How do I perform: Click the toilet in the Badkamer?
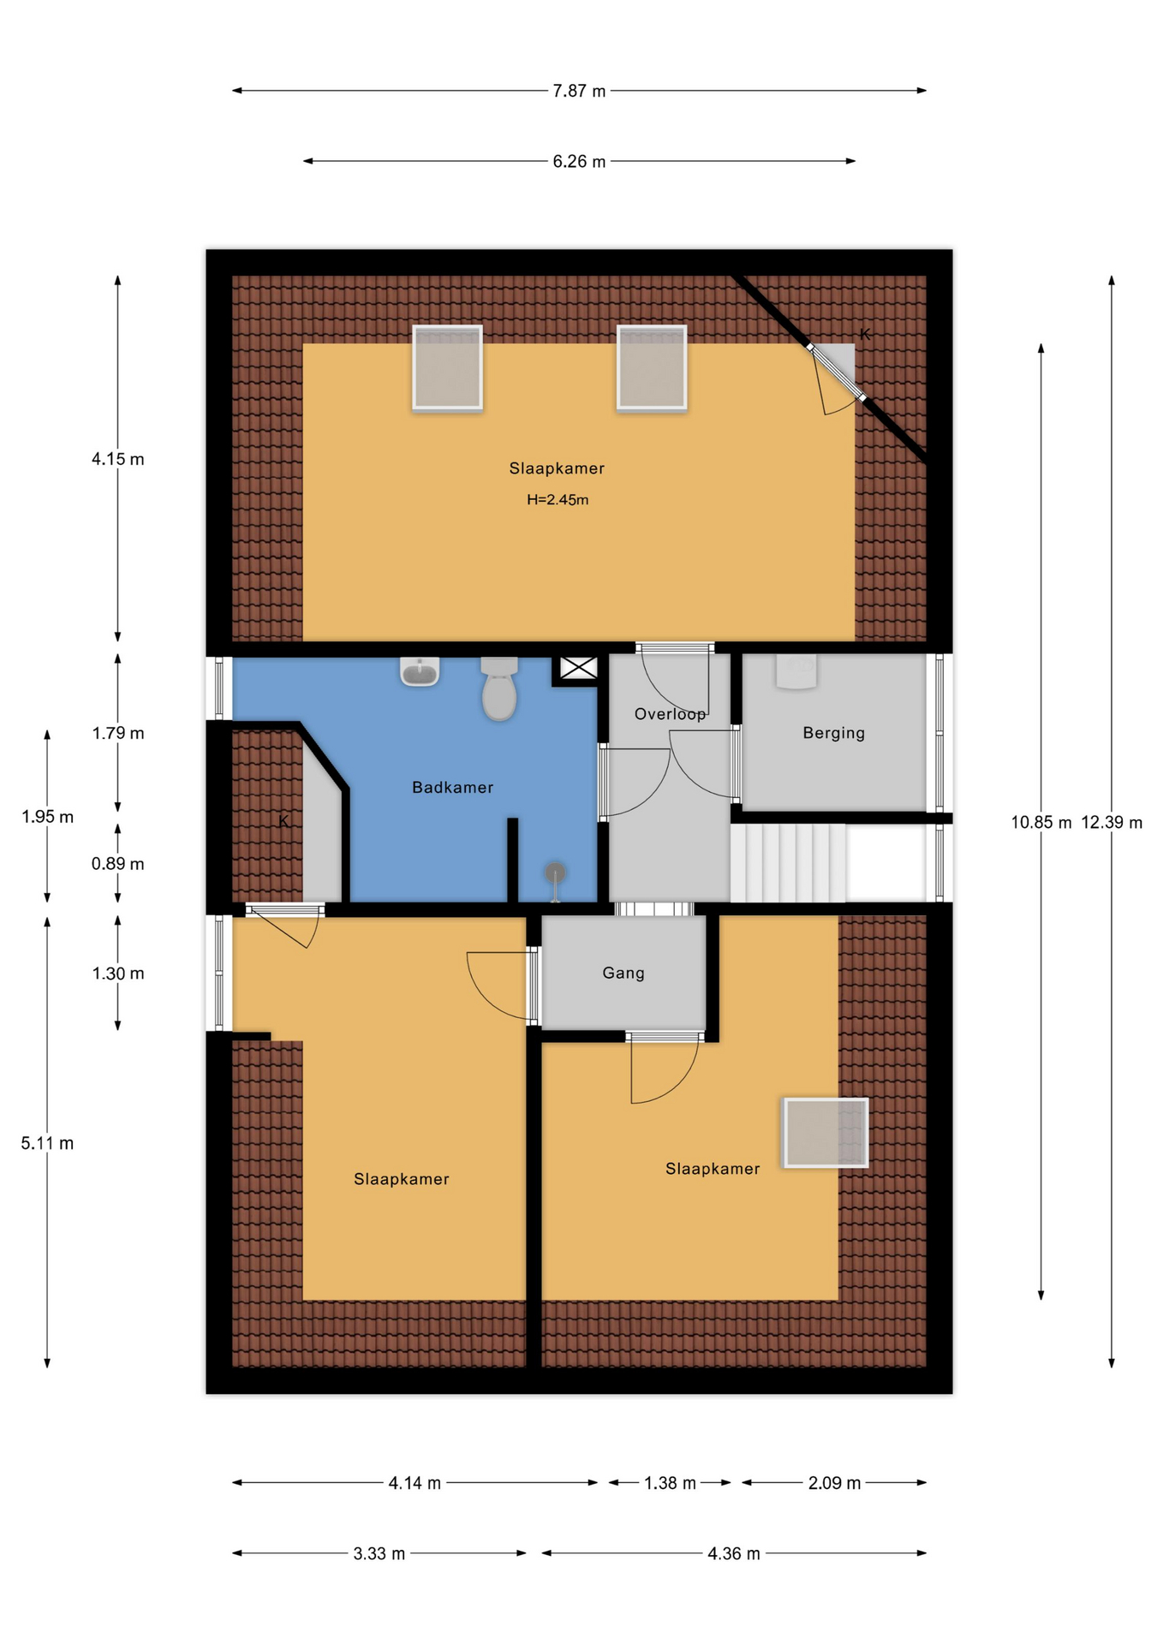[x=499, y=688]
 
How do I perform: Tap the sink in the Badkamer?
[x=420, y=671]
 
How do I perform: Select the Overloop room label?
[x=670, y=714]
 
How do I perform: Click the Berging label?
[x=833, y=733]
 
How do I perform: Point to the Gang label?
[x=623, y=973]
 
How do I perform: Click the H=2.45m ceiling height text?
[x=558, y=500]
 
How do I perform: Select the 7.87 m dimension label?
[x=579, y=91]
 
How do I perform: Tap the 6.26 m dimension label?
[x=579, y=162]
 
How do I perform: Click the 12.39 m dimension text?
[x=1112, y=823]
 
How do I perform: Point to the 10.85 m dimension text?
[x=1041, y=823]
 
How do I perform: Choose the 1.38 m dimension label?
[x=670, y=1483]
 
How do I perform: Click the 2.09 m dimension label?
[x=834, y=1483]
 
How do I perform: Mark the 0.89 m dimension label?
[x=118, y=864]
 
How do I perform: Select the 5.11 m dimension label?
[x=47, y=1143]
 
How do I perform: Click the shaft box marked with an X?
[x=579, y=668]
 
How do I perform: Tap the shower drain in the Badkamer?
[x=556, y=873]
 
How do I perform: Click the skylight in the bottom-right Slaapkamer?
[x=826, y=1133]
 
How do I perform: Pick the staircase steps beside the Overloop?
[x=789, y=862]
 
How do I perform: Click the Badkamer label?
[x=452, y=788]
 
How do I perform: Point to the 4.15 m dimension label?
[x=118, y=459]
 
